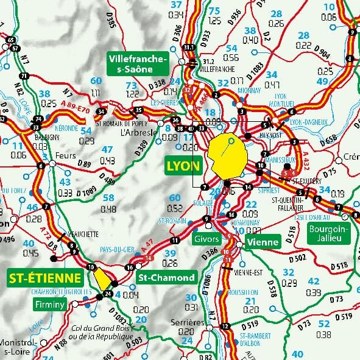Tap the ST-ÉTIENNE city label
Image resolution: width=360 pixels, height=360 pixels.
pyautogui.click(x=45, y=279)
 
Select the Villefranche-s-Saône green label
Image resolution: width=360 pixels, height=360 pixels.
pyautogui.click(x=137, y=64)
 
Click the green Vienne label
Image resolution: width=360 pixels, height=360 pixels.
pyautogui.click(x=263, y=242)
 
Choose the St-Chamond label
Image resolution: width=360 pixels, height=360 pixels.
pyautogui.click(x=166, y=278)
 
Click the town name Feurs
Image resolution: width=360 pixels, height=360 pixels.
pyautogui.click(x=65, y=155)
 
